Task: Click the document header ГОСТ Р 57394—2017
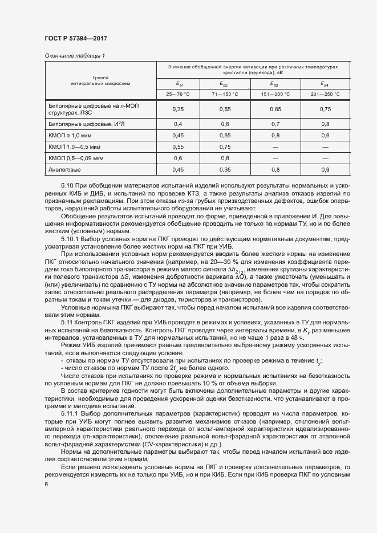pyautogui.click(x=76, y=38)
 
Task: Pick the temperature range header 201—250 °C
pyautogui.click(x=325, y=94)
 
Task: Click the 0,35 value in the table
pyautogui.click(x=178, y=109)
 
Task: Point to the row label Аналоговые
pyautogui.click(x=65, y=169)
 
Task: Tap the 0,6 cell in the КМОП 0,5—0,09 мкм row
pyautogui.click(x=178, y=158)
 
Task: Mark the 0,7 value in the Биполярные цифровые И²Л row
pyautogui.click(x=275, y=124)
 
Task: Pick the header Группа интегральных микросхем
pyautogui.click(x=100, y=80)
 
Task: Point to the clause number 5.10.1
pyautogui.click(x=70, y=223)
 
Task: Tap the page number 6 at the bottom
pyautogui.click(x=46, y=485)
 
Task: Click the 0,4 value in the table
pyautogui.click(x=178, y=124)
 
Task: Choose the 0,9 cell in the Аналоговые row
pyautogui.click(x=325, y=169)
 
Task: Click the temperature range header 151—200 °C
pyautogui.click(x=275, y=94)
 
